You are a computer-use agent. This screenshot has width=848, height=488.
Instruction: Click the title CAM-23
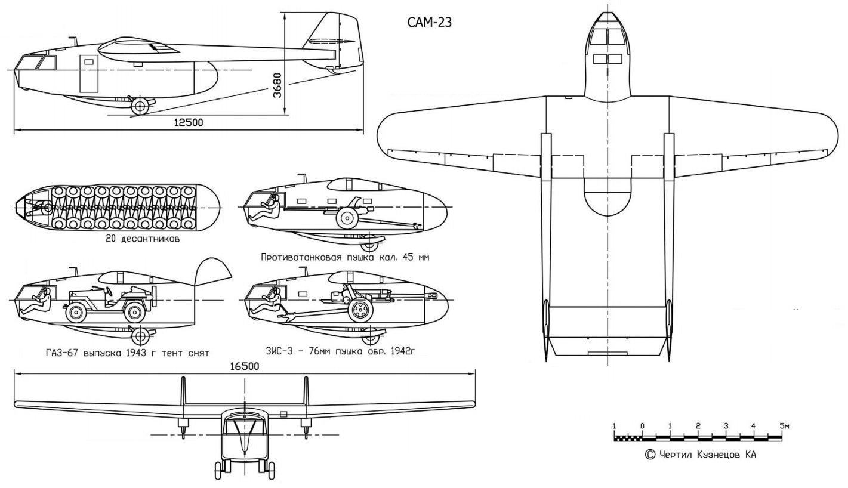click(429, 22)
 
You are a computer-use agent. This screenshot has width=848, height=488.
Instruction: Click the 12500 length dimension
click(189, 122)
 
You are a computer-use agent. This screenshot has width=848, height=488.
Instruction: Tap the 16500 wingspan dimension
click(245, 366)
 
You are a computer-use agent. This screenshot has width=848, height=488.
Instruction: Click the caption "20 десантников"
click(143, 239)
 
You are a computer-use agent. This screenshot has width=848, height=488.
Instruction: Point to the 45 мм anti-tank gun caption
click(345, 258)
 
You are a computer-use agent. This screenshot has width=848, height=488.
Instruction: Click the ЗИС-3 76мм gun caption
click(340, 351)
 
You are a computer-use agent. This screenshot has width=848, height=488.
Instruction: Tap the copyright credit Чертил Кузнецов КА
click(701, 455)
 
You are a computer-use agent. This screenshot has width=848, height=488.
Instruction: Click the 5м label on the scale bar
click(784, 425)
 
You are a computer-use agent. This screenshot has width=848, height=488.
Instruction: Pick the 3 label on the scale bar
click(726, 425)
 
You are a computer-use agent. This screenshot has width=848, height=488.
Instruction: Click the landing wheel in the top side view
click(140, 106)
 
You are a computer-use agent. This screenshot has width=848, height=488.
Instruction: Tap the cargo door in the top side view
click(88, 74)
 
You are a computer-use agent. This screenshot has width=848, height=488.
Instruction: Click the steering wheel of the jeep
click(109, 291)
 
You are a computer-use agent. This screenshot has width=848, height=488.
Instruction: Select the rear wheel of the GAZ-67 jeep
click(135, 313)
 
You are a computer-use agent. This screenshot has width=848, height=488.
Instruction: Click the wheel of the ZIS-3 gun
click(360, 310)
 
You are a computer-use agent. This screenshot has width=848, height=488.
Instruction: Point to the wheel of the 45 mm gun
click(347, 218)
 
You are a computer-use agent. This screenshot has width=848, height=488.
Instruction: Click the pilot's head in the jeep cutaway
click(47, 292)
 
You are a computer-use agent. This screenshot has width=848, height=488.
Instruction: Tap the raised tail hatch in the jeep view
click(212, 271)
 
